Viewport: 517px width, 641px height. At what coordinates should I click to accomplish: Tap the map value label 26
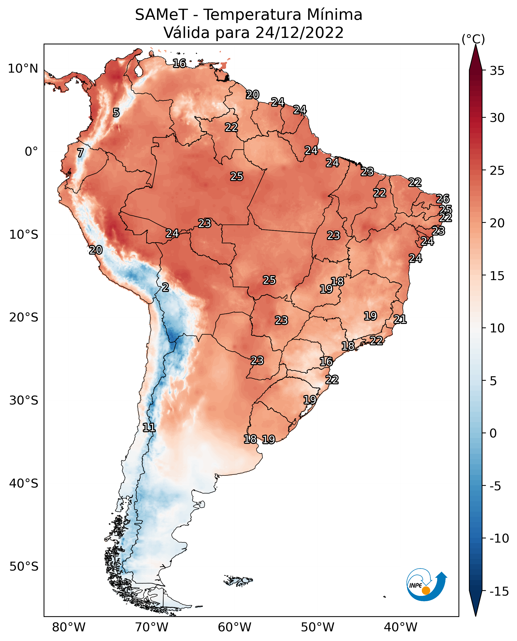tap(443, 199)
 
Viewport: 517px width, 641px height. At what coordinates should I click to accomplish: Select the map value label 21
tap(400, 319)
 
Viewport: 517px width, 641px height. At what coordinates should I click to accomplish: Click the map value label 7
tap(80, 153)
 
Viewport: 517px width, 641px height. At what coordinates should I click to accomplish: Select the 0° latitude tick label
tap(31, 152)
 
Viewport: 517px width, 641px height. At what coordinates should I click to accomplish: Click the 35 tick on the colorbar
tap(497, 71)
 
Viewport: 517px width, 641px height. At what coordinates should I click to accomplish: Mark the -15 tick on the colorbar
tap(499, 591)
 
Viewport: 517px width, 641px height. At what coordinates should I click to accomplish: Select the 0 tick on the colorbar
tap(493, 433)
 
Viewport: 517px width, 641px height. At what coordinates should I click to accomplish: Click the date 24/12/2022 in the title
tap(299, 32)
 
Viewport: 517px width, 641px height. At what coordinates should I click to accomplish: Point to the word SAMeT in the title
tap(161, 15)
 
